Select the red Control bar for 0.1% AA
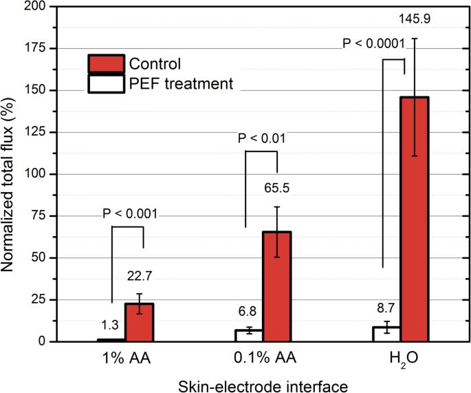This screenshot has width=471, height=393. [x=276, y=286]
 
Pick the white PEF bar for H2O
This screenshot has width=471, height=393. [x=387, y=334]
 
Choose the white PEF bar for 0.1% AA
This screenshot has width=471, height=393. [x=249, y=335]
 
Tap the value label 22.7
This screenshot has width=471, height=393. [x=140, y=276]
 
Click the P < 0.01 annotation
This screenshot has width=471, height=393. [x=261, y=138]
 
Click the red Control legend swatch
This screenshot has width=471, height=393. [x=106, y=64]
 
